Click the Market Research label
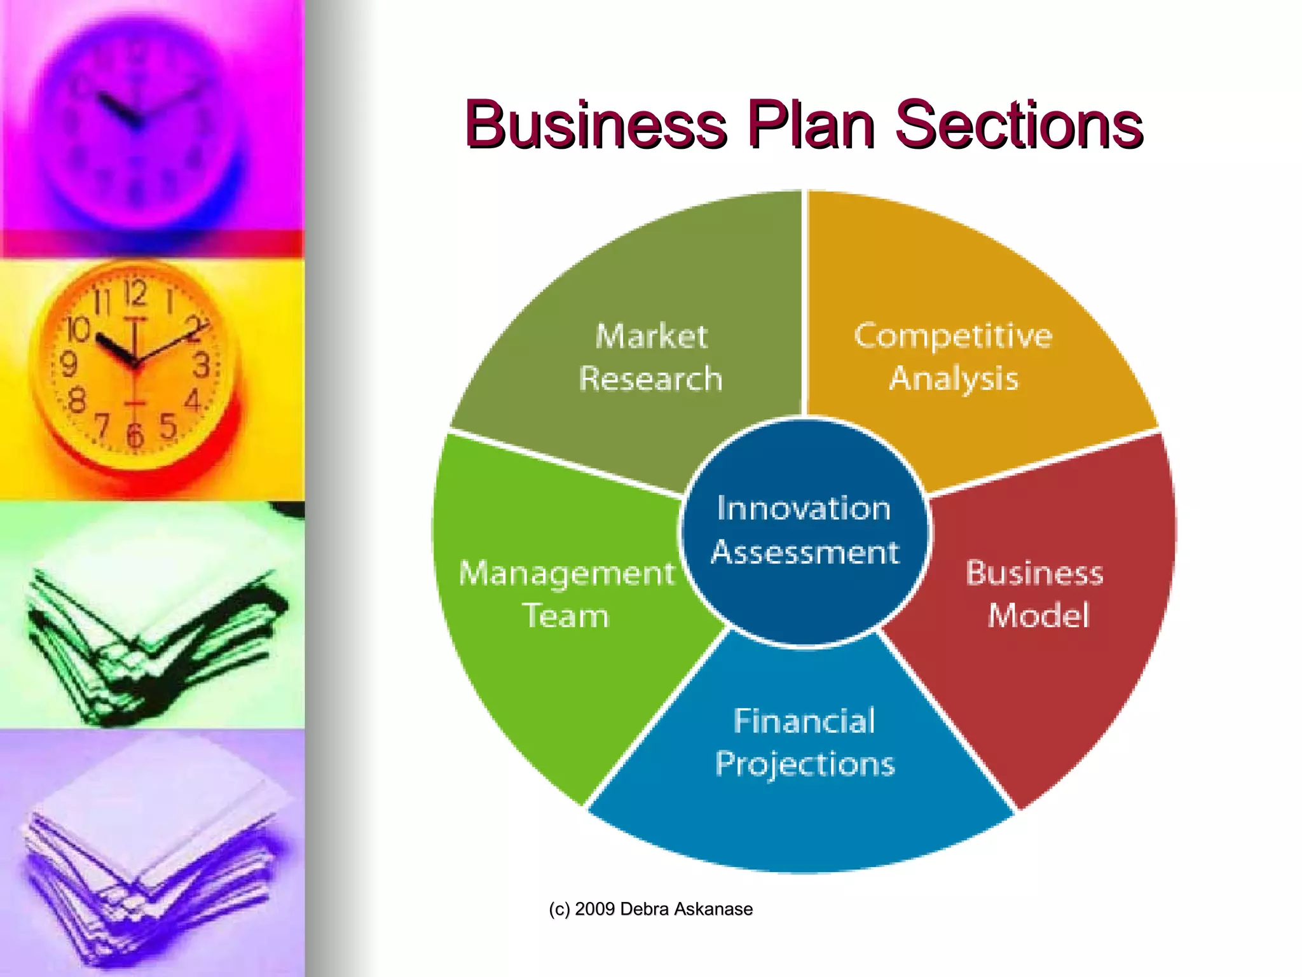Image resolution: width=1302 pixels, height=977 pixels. (651, 357)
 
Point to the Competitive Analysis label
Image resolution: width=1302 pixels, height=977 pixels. (953, 357)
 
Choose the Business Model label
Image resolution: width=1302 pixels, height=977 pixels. (1036, 594)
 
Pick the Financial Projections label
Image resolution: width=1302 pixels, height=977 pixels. (805, 742)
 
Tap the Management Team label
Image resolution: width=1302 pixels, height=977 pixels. (566, 594)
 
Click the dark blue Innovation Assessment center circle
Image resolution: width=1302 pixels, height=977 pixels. (805, 530)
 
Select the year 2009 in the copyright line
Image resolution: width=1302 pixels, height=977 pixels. (594, 909)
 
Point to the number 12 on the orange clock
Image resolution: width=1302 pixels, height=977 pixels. (135, 293)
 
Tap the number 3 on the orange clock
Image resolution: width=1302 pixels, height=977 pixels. (202, 365)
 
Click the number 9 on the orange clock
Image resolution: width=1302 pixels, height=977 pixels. (69, 364)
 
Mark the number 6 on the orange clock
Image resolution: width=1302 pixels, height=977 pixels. (135, 436)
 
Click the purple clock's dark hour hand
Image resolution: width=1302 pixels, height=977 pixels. (118, 108)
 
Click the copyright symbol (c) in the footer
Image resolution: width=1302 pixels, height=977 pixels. (559, 909)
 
